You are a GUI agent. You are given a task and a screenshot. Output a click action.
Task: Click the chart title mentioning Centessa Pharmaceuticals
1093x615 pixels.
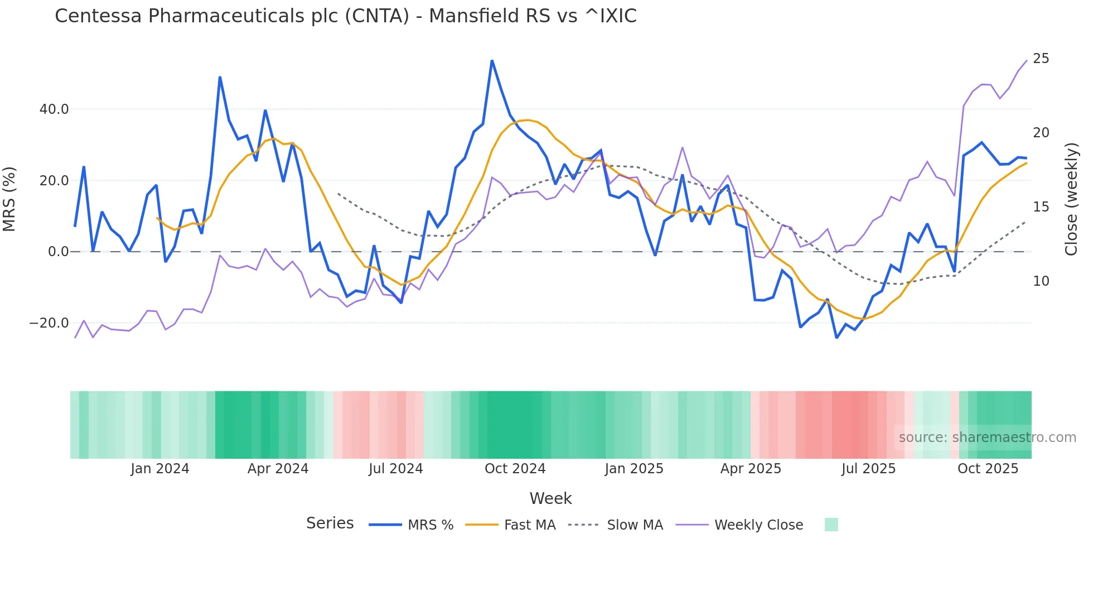345,16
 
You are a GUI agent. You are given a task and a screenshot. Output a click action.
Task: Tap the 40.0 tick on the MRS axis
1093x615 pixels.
54,109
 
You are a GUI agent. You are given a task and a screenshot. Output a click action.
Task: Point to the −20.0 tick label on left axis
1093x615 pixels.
49,323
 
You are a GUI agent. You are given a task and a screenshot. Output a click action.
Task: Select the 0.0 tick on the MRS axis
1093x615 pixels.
58,252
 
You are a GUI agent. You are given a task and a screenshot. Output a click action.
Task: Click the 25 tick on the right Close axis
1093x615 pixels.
1041,59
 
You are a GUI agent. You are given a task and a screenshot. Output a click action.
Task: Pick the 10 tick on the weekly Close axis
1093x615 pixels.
1041,281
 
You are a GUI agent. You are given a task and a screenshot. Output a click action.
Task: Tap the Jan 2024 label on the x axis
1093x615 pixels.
160,469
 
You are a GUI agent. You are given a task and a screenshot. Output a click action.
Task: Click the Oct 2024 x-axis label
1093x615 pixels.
515,469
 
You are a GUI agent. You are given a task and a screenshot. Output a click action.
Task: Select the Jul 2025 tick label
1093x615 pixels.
868,469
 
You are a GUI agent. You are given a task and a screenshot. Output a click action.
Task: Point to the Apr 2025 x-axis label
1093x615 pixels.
751,469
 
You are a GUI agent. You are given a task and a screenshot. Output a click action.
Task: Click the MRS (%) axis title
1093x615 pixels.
9,199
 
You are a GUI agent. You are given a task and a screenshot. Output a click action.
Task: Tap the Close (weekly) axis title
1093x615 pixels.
1071,199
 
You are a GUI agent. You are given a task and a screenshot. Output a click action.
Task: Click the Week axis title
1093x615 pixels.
550,498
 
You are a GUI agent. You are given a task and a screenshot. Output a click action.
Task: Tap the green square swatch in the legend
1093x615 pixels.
831,525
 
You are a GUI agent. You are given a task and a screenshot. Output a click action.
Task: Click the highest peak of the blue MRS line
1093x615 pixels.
492,61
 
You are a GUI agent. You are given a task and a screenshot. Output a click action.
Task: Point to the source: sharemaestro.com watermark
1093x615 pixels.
987,438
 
